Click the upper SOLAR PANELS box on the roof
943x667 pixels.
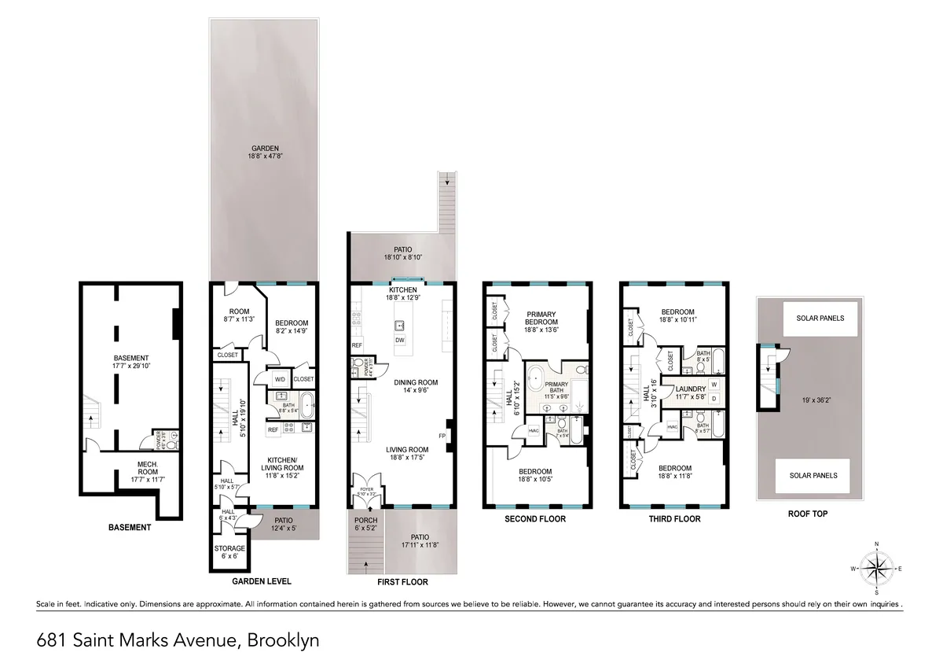814,319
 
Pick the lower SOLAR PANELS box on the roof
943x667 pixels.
814,475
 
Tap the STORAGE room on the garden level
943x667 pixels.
229,548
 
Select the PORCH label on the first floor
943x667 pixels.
365,521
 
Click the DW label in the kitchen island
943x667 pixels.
400,341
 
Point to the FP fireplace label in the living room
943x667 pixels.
441,435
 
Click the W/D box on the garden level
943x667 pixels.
280,379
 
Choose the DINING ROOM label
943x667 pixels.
416,383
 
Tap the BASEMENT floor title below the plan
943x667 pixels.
129,527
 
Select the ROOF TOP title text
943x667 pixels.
807,514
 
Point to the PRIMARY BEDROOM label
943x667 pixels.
541,318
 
